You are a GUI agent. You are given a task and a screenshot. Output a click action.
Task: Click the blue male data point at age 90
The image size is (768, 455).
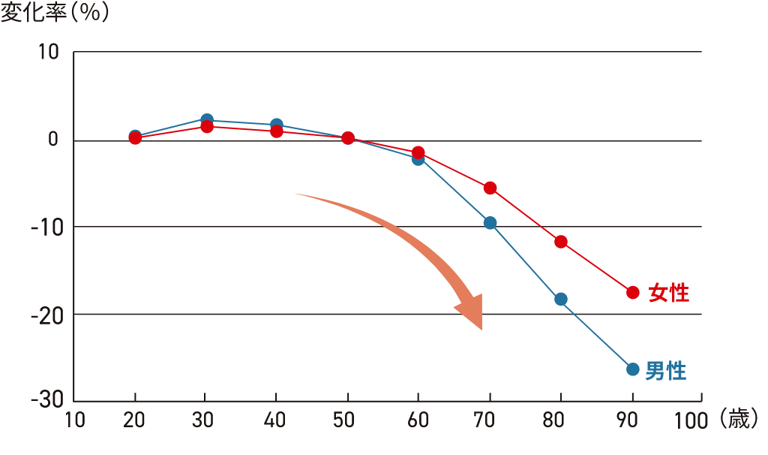632,369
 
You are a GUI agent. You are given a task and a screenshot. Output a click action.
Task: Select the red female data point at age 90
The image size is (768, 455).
632,292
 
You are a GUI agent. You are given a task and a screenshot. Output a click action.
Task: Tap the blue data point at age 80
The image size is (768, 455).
561,300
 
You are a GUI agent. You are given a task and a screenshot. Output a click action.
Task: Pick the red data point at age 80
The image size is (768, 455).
561,242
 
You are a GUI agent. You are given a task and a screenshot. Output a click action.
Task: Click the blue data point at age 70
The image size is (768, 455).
490,223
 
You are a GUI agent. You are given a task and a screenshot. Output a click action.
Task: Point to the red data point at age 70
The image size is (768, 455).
490,188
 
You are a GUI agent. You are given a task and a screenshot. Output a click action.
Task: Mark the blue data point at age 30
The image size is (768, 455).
207,120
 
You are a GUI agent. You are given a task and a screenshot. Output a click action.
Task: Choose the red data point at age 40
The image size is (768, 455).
277,131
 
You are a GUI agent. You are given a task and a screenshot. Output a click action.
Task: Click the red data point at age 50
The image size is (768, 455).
348,138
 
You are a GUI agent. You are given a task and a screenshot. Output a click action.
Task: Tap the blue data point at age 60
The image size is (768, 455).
418,159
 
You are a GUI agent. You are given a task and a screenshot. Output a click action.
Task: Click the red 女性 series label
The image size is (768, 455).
669,293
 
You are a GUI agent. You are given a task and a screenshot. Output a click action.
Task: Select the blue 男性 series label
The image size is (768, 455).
666,370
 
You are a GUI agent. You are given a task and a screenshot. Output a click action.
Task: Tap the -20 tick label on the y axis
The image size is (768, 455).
46,314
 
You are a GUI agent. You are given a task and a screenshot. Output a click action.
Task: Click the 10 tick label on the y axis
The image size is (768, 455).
49,53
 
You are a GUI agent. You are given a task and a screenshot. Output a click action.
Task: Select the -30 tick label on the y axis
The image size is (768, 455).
46,400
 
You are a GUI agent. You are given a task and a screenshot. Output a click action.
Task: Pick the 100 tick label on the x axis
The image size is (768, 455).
691,420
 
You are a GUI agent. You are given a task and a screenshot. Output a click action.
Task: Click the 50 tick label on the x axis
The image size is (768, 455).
348,420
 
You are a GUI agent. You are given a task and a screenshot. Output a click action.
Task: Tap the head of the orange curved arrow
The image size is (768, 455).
470,312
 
